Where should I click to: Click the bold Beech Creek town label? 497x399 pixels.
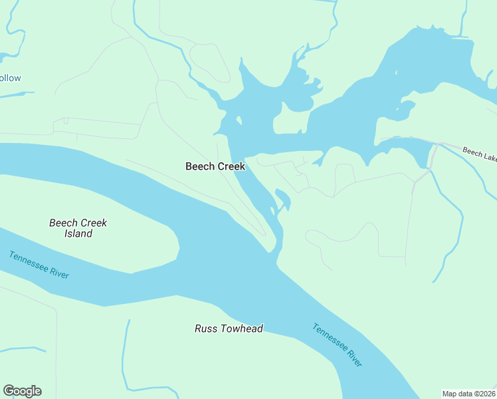(x=215, y=166)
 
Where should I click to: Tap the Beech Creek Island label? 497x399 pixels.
(x=78, y=228)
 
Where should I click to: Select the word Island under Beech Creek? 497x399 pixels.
(x=78, y=233)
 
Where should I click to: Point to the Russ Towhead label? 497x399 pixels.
(x=229, y=329)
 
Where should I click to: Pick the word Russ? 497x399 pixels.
(x=205, y=329)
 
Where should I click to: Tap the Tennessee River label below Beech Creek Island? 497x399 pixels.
(x=39, y=265)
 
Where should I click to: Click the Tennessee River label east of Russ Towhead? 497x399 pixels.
(x=338, y=345)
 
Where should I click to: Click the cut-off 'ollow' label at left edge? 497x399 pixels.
(x=10, y=78)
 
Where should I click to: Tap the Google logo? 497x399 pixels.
(x=22, y=391)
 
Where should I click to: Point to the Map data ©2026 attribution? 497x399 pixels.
(x=468, y=394)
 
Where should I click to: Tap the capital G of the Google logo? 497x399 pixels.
(x=9, y=391)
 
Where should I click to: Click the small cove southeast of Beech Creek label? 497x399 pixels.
(x=282, y=198)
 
